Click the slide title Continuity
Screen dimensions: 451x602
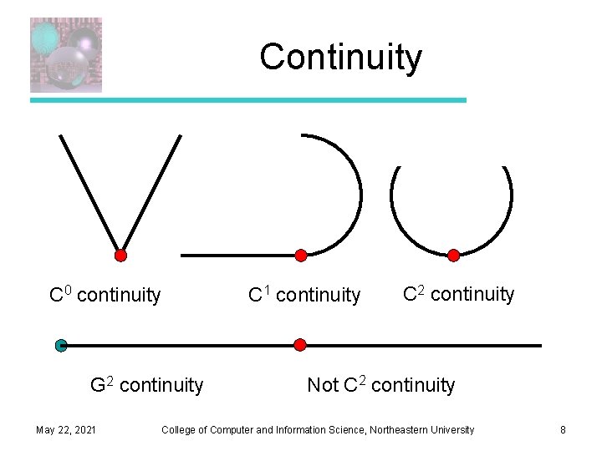pyautogui.click(x=340, y=58)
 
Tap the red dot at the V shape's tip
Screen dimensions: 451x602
pyautogui.click(x=120, y=256)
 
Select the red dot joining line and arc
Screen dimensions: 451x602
pyautogui.click(x=301, y=255)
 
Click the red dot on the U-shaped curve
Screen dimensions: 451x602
pyautogui.click(x=453, y=256)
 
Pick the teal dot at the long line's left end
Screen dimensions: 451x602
pyautogui.click(x=61, y=345)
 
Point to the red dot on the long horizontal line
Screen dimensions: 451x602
pyautogui.click(x=300, y=344)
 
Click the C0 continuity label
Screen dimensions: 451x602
pyautogui.click(x=105, y=295)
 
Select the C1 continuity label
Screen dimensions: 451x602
pyautogui.click(x=304, y=295)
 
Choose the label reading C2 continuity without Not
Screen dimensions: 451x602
pyautogui.click(x=458, y=294)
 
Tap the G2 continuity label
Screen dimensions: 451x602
pyautogui.click(x=146, y=385)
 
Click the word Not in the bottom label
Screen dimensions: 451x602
pyautogui.click(x=323, y=385)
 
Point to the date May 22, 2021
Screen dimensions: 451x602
pyautogui.click(x=65, y=430)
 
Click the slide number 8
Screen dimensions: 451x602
pyautogui.click(x=563, y=430)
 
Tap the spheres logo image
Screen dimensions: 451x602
pyautogui.click(x=66, y=55)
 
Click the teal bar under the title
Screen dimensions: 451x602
pyautogui.click(x=248, y=100)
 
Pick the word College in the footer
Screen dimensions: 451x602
pyautogui.click(x=179, y=430)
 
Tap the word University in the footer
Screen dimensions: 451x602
pyautogui.click(x=451, y=430)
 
